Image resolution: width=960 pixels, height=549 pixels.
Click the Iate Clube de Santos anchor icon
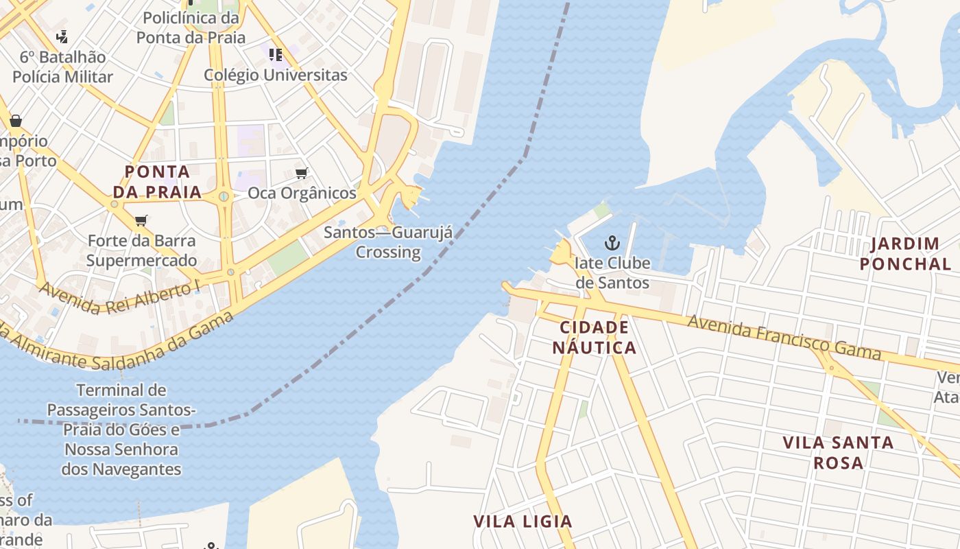click(x=612, y=242)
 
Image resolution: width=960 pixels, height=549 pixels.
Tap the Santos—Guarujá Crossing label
click(x=388, y=242)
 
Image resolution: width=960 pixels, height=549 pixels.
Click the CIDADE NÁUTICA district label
click(x=594, y=337)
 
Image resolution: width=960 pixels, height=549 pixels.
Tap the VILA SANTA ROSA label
click(x=838, y=452)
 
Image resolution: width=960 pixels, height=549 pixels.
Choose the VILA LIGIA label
click(x=523, y=522)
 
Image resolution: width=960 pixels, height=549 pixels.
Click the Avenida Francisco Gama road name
click(x=784, y=337)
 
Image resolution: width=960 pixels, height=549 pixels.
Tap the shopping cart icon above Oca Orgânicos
click(x=301, y=173)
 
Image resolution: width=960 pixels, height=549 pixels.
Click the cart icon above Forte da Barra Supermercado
click(x=141, y=220)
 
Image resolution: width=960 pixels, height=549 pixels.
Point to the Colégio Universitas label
click(x=276, y=75)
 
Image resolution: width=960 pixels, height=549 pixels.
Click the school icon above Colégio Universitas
click(x=276, y=54)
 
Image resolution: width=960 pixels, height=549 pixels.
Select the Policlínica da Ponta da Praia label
click(x=191, y=27)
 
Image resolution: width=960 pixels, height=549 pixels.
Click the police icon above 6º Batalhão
click(x=62, y=36)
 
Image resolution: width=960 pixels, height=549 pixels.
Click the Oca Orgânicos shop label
click(x=302, y=193)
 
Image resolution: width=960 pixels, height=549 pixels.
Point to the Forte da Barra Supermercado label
click(x=141, y=250)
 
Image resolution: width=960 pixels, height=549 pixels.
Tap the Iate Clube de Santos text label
click(x=612, y=272)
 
